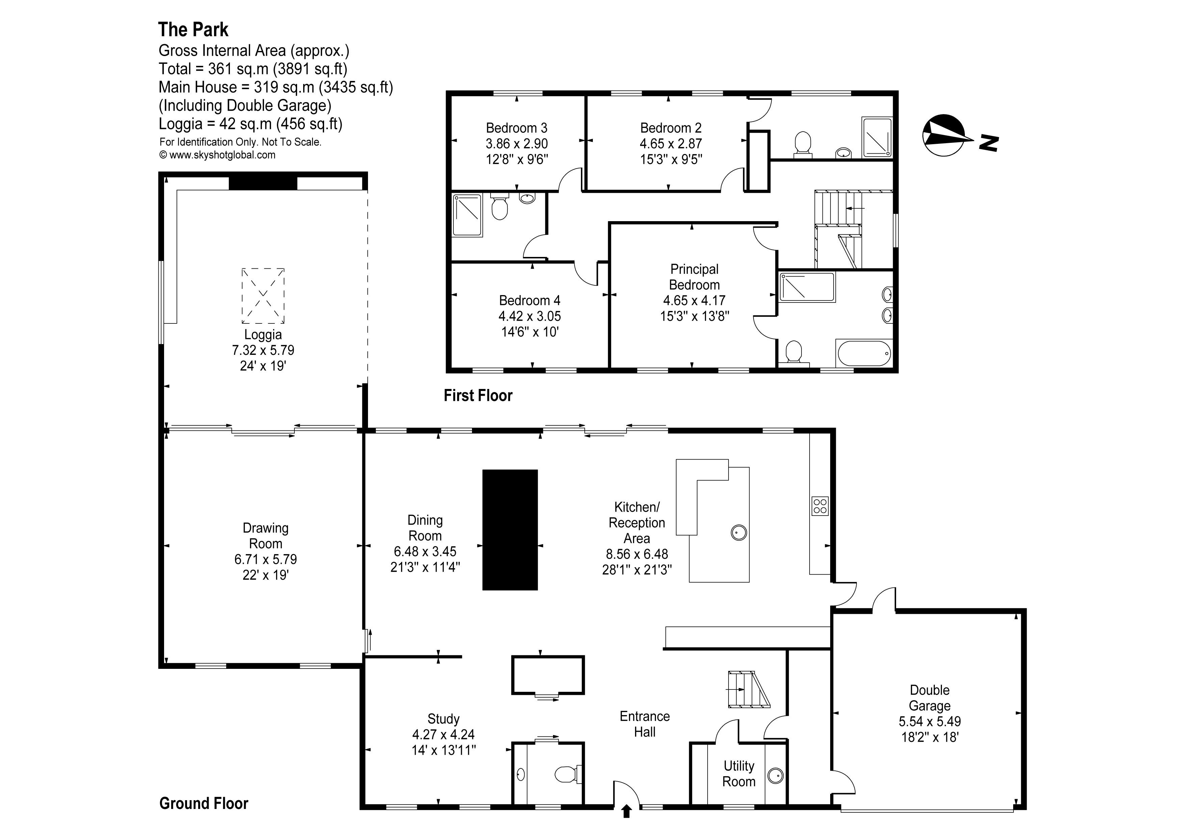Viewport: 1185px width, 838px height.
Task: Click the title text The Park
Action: coord(193,30)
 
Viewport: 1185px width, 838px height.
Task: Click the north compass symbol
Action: coord(944,135)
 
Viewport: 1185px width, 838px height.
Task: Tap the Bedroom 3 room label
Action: coord(516,128)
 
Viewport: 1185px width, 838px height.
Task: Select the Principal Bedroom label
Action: coord(694,277)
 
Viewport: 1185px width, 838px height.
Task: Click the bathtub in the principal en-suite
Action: coord(864,353)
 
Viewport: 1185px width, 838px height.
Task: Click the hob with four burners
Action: coord(820,506)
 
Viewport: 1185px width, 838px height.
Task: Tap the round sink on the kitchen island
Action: coord(739,532)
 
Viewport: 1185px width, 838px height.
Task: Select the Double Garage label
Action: coord(929,698)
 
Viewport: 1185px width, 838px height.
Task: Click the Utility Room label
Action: coord(739,774)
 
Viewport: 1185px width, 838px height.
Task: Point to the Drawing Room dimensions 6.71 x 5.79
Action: coord(265,559)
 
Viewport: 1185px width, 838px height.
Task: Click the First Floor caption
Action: coord(478,396)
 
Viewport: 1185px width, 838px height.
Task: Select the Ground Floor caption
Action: coord(203,804)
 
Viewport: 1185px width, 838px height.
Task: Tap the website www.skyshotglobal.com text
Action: coord(222,155)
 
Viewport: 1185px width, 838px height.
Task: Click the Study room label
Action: coord(443,719)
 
